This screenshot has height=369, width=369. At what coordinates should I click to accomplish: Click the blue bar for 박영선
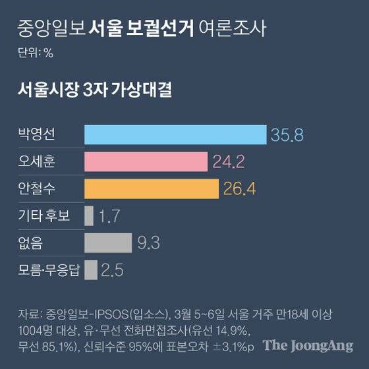coord(175,135)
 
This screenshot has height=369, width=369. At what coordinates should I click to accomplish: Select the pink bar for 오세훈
coord(146,161)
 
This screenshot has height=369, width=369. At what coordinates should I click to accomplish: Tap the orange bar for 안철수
coord(152,188)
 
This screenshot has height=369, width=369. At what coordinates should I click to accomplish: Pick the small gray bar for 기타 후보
coord(89,215)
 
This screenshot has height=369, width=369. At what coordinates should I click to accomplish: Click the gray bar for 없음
coord(108,242)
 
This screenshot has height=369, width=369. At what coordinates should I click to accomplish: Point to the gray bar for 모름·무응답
coord(91,270)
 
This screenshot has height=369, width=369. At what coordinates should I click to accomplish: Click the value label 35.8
coord(286,136)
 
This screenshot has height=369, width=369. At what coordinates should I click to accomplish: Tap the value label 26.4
coord(239,189)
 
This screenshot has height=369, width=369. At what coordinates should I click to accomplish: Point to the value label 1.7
coord(107,216)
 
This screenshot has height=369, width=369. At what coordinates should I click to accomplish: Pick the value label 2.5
coord(113,270)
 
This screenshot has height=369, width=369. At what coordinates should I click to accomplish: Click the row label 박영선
coord(37,135)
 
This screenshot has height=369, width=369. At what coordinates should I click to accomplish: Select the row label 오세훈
coord(37,161)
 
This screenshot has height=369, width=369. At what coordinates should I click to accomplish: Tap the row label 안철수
coord(37,188)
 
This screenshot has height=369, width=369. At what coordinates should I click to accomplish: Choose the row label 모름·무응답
coord(49,270)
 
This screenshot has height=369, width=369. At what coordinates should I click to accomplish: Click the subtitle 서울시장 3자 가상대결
coord(95,90)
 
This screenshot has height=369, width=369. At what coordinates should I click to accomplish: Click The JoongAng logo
coord(308,345)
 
